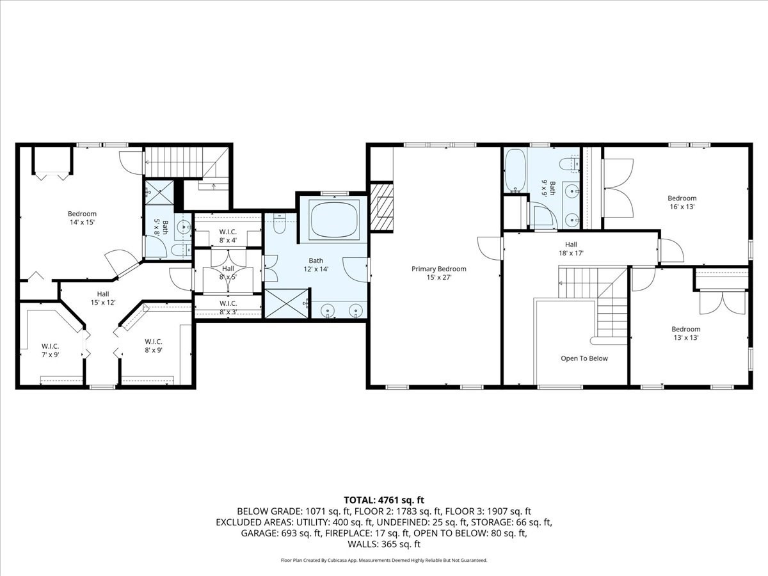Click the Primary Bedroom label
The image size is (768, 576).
point(438,273)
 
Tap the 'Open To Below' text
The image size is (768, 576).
point(584,358)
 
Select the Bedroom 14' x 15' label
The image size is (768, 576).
point(82,218)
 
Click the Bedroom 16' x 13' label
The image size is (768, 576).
point(682,202)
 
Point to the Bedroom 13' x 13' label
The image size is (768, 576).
point(685,333)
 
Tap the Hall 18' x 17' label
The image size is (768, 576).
point(571,248)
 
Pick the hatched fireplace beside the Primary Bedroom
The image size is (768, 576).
point(383,207)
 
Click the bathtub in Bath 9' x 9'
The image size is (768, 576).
point(515,171)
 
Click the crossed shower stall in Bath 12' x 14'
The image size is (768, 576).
point(286,303)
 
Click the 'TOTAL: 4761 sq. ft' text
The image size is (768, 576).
point(384,500)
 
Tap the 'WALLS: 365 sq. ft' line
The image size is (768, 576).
point(384,544)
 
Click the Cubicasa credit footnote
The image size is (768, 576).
point(384,560)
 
